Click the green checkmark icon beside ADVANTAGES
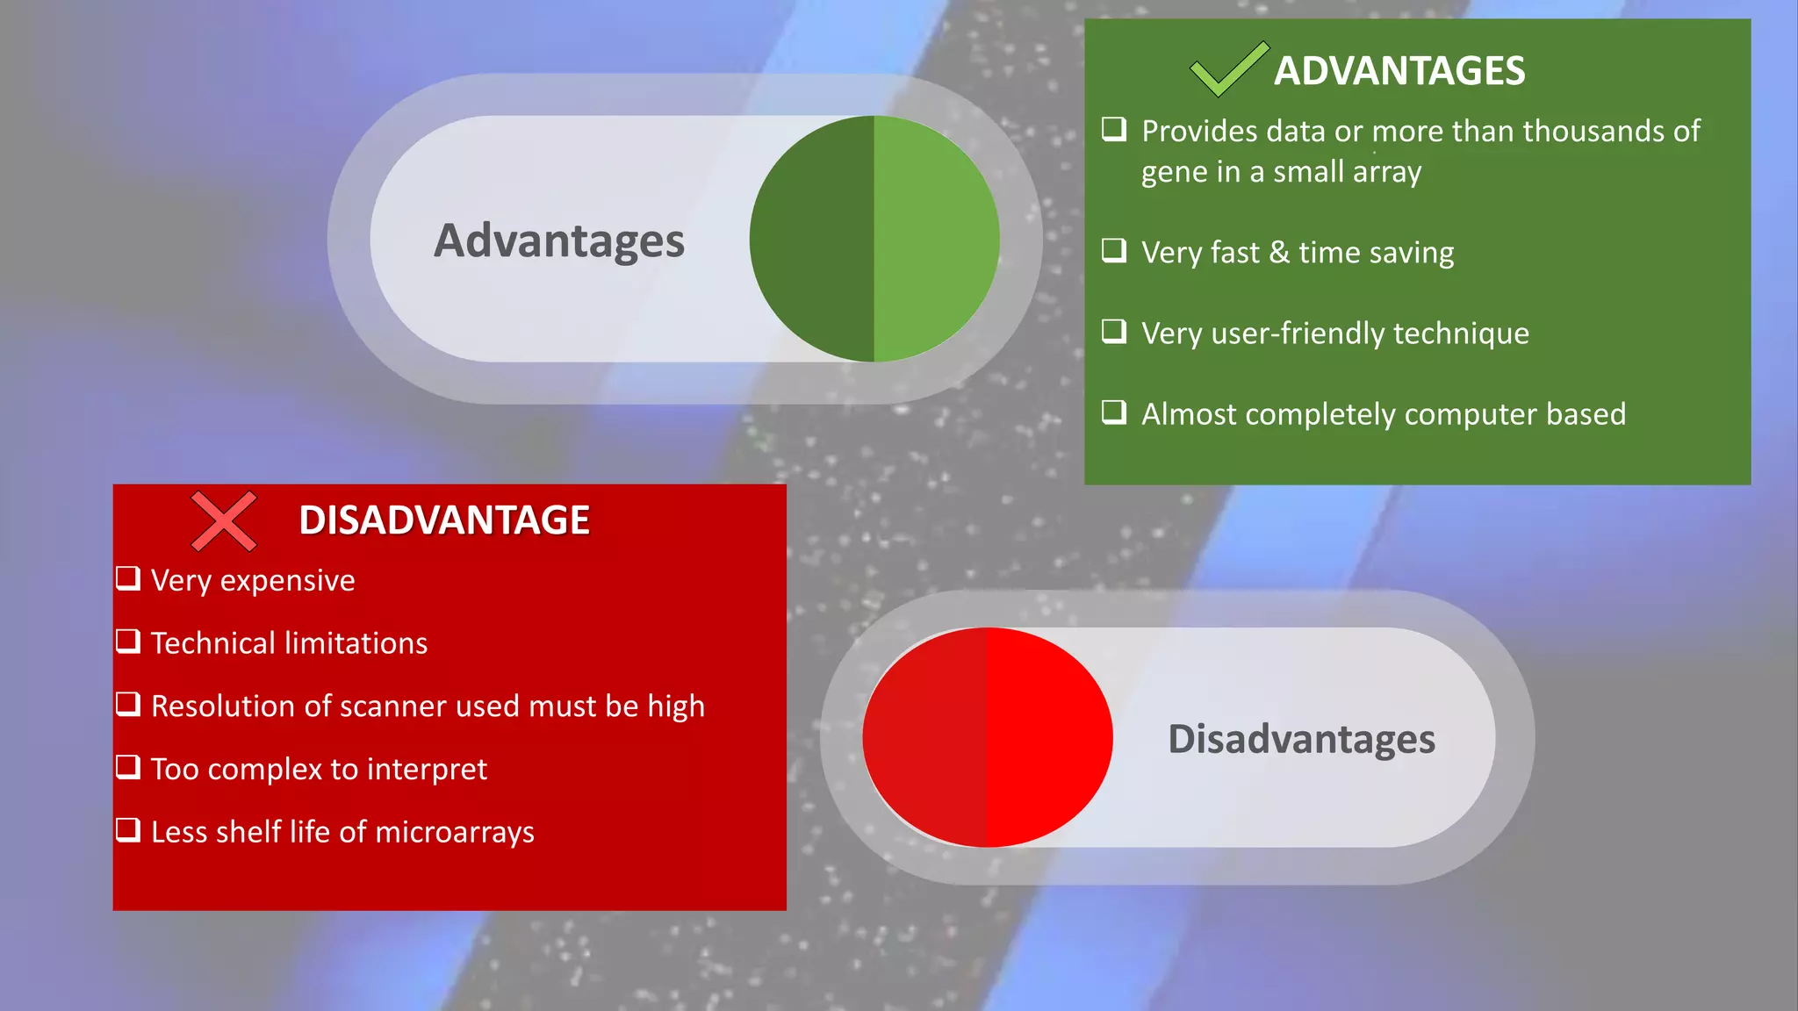click(1227, 69)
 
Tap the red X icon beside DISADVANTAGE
click(224, 521)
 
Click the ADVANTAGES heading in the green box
click(1399, 71)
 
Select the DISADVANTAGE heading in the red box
click(443, 520)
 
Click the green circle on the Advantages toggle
click(874, 239)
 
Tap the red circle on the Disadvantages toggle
click(988, 737)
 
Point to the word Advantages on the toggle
click(559, 241)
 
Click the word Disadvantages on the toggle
click(1301, 739)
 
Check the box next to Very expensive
click(128, 578)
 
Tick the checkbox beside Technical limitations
click(128, 642)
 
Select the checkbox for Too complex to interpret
click(128, 767)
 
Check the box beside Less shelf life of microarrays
click(128, 829)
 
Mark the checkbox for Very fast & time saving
click(1114, 251)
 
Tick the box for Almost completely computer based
click(1114, 412)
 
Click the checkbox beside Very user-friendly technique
click(1114, 332)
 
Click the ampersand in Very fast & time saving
click(1279, 253)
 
